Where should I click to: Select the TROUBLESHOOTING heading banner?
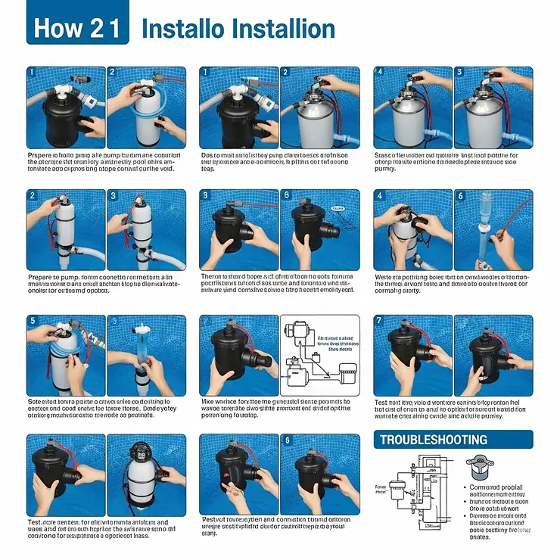(x=453, y=440)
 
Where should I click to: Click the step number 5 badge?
(x=33, y=321)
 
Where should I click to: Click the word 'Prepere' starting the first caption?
(x=41, y=155)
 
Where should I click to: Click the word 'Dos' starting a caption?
(x=209, y=155)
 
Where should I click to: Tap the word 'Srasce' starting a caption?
(x=387, y=155)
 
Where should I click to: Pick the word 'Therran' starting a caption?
(x=214, y=278)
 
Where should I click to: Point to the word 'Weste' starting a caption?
(x=387, y=278)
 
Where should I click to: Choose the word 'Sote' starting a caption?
(x=37, y=401)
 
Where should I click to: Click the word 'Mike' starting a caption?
(x=210, y=401)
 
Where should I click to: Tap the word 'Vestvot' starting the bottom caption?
(x=216, y=519)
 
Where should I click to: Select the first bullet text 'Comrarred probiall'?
(x=496, y=488)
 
